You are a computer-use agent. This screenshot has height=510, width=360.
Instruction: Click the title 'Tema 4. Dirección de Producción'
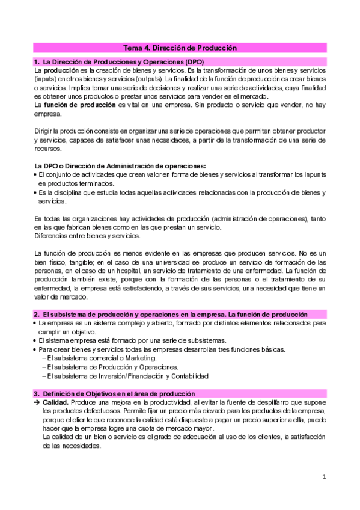pos(180,48)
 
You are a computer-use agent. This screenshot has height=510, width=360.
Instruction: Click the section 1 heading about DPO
pos(119,62)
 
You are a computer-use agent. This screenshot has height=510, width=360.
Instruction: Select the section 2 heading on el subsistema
pos(171,315)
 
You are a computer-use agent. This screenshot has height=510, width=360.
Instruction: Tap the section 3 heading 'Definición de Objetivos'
pos(114,394)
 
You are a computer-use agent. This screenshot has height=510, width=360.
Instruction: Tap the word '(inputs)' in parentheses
pos(47,79)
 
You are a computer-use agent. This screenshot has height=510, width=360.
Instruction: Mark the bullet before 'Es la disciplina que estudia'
pos(36,192)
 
